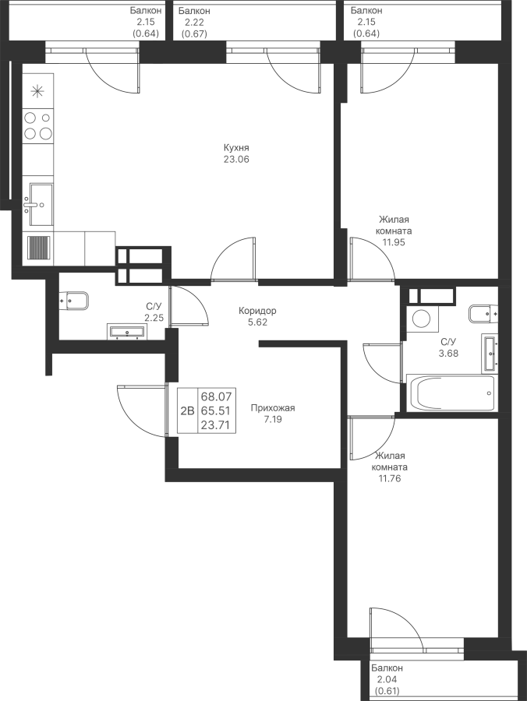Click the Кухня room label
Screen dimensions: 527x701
click(236, 147)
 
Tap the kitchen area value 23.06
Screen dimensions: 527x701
click(236, 159)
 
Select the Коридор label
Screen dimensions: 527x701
click(257, 310)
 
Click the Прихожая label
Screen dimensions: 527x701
click(273, 407)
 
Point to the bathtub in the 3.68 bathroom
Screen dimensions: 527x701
click(452, 393)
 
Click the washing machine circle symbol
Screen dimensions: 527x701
click(421, 319)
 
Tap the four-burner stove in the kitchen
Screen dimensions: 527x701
click(38, 125)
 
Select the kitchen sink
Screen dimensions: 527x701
click(41, 205)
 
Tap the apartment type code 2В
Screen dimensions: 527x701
click(187, 410)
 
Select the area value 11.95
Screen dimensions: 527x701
click(394, 243)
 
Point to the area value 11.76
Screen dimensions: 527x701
click(389, 478)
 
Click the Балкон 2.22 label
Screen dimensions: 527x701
click(193, 22)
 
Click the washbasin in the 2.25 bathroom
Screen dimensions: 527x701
click(126, 331)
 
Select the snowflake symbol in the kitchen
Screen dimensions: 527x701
click(37, 92)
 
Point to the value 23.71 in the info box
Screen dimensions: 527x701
click(216, 424)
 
